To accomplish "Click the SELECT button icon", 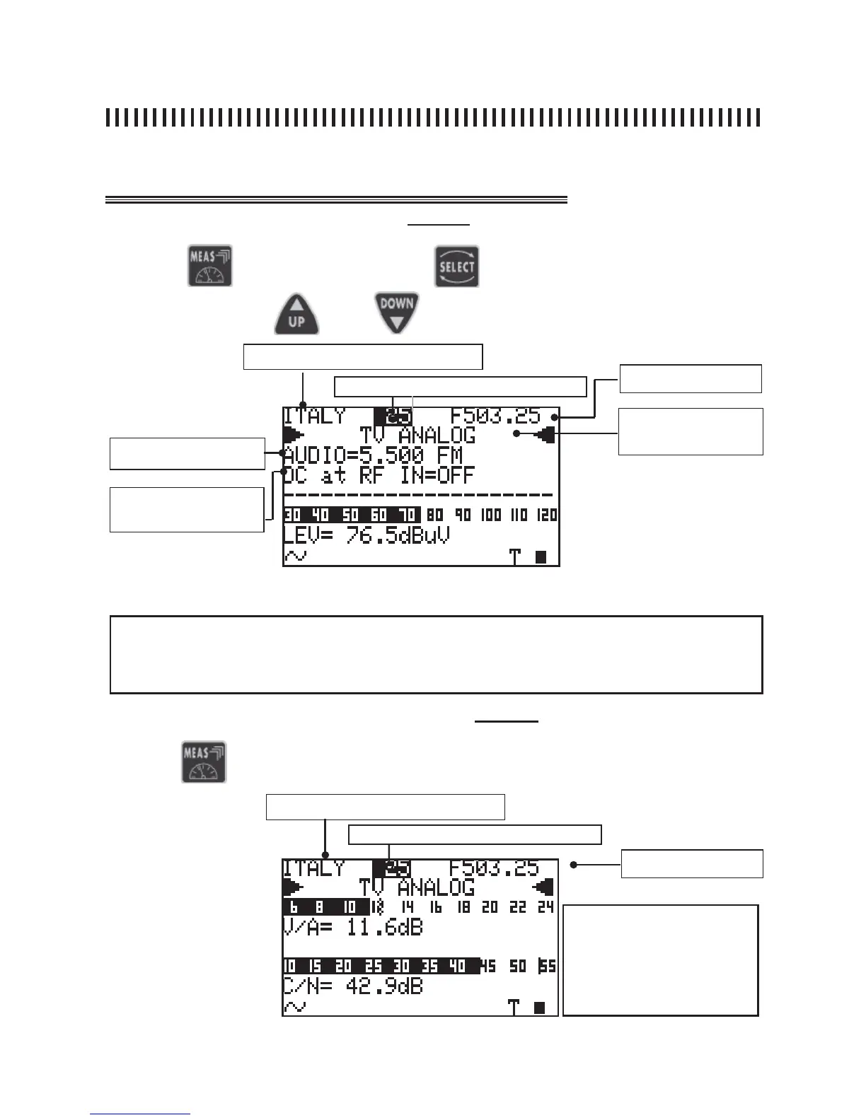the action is tap(456, 266).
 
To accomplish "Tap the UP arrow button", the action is tap(296, 315).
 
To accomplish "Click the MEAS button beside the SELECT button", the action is tap(210, 266).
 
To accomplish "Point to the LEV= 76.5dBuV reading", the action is tap(366, 535).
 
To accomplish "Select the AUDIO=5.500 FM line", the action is tap(373, 454).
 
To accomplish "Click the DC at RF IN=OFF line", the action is tap(379, 474).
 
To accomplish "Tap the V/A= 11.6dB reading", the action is tap(352, 927).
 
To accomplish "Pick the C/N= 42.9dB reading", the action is tap(352, 986).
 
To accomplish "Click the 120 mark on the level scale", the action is tap(546, 515).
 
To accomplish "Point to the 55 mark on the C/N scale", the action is tap(547, 966).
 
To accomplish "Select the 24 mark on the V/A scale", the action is tap(545, 907).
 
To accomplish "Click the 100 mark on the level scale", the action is tap(492, 515).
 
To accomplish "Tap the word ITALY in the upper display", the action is tap(314, 416).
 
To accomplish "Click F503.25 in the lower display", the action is tap(494, 868).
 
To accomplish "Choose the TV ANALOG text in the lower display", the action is tap(417, 887).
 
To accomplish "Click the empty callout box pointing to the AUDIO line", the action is tap(187, 453).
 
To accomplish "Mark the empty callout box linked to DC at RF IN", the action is tap(187, 509).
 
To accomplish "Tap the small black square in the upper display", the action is tap(541, 557).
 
